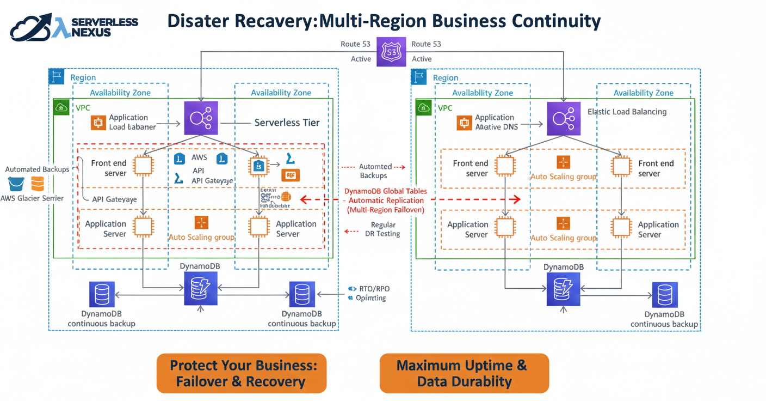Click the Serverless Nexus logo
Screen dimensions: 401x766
74,27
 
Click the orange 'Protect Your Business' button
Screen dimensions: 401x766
241,373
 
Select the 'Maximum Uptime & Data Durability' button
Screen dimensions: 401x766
464,373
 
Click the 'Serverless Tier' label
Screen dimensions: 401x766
287,123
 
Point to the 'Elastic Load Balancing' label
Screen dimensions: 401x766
627,112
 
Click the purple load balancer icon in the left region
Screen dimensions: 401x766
201,118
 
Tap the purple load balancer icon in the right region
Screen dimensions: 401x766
563,118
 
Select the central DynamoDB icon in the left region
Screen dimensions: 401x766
201,289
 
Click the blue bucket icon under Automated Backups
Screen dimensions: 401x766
16,184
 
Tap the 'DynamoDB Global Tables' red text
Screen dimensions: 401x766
385,191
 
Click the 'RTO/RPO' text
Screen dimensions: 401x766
374,289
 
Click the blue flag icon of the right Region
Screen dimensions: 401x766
419,77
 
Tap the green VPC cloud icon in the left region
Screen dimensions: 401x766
61,107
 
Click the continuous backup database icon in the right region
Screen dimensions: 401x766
664,295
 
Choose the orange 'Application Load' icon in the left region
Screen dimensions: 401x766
98,123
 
